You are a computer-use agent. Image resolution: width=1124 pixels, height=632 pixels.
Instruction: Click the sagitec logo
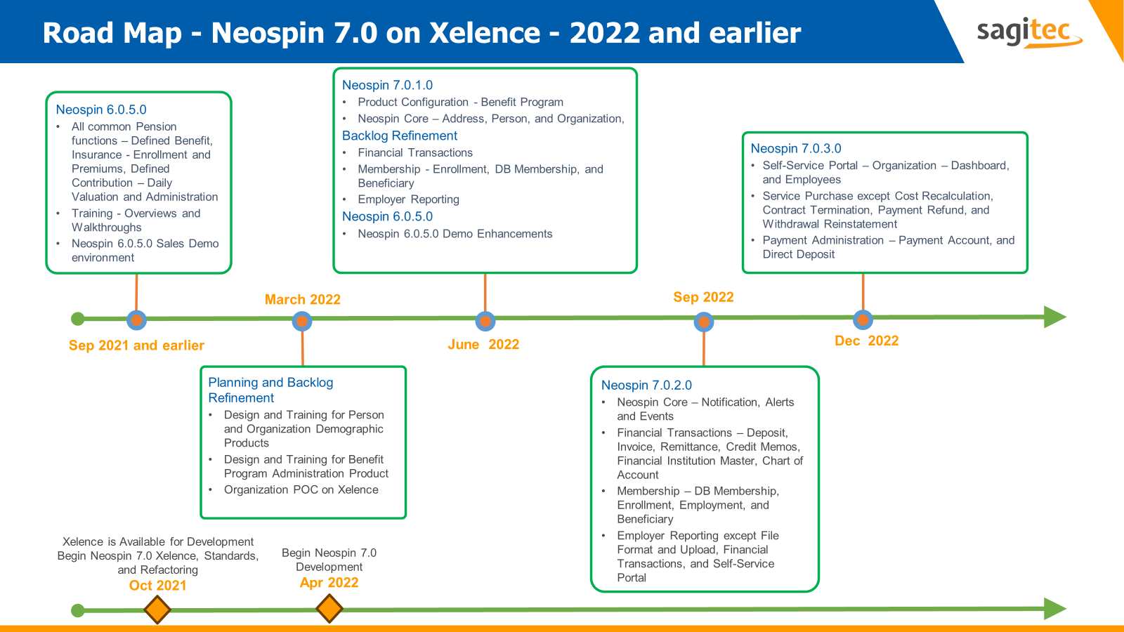(1028, 32)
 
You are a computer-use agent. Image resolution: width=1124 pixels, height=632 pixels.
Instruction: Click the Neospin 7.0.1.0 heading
(387, 85)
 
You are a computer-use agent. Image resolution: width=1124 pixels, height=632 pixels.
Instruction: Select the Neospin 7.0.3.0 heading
(795, 148)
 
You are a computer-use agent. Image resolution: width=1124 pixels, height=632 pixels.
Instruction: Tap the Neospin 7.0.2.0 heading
(646, 385)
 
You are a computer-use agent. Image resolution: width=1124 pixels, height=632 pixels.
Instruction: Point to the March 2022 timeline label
(302, 299)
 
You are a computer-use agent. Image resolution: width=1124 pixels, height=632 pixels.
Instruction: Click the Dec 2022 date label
(866, 341)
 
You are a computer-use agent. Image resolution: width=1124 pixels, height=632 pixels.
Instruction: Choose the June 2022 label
(483, 344)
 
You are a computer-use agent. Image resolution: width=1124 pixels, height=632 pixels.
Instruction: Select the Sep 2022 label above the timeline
(703, 297)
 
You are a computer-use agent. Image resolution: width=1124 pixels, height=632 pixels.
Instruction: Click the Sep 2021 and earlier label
(136, 345)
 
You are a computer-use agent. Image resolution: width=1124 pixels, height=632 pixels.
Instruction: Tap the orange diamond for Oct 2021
(157, 610)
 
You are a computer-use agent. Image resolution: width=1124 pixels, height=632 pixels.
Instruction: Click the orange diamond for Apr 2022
(329, 608)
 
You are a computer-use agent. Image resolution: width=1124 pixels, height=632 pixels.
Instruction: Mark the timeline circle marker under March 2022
(302, 322)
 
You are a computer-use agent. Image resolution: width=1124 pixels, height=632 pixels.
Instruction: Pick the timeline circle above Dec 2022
(863, 320)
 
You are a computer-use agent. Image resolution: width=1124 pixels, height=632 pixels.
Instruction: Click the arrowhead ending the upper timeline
(1054, 317)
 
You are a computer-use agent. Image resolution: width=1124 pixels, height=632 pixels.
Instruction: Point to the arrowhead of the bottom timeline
(1054, 608)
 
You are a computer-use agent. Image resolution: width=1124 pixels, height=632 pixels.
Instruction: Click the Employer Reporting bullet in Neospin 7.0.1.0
(408, 199)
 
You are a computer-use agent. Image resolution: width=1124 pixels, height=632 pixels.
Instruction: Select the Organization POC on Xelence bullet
(301, 489)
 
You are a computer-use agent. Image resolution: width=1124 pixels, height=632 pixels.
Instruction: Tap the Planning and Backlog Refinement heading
(270, 390)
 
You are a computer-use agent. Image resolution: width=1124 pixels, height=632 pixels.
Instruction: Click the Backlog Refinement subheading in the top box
(399, 136)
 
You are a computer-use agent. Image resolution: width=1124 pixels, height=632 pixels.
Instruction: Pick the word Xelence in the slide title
(484, 33)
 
